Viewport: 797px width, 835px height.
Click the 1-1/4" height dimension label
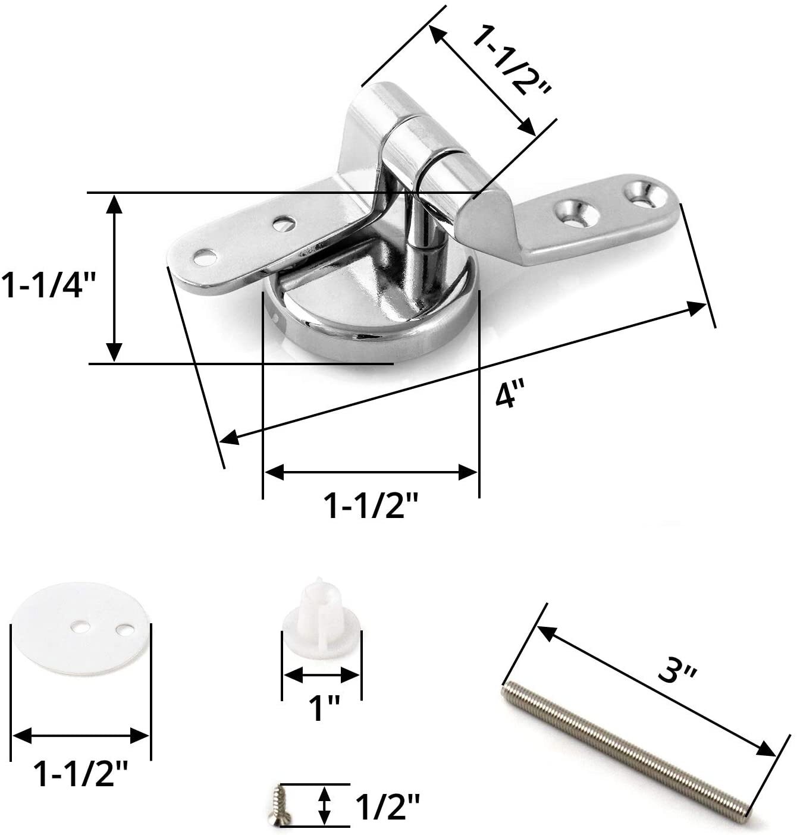click(x=49, y=285)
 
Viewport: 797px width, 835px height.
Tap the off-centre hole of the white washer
click(x=125, y=629)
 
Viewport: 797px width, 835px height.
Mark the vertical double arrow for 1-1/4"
click(x=114, y=278)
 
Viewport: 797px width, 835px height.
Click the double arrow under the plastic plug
click(x=321, y=675)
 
